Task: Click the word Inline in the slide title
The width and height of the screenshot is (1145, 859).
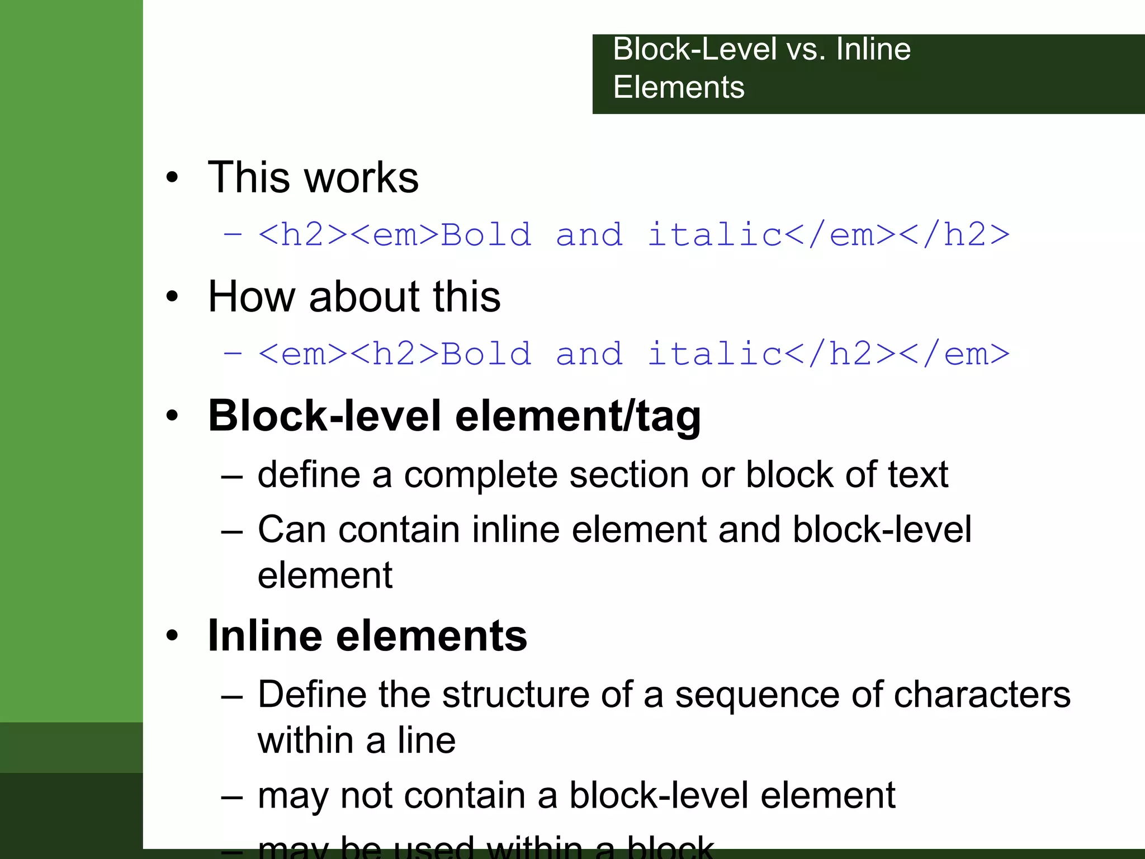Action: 873,49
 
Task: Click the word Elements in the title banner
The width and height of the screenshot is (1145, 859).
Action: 679,87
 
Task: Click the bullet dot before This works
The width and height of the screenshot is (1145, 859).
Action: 172,178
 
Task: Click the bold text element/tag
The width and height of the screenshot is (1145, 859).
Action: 578,417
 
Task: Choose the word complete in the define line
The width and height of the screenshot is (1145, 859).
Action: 481,475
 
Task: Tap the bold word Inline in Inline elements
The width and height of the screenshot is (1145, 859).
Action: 265,636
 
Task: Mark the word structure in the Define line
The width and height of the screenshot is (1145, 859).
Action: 515,695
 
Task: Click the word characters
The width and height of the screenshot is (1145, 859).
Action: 982,695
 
